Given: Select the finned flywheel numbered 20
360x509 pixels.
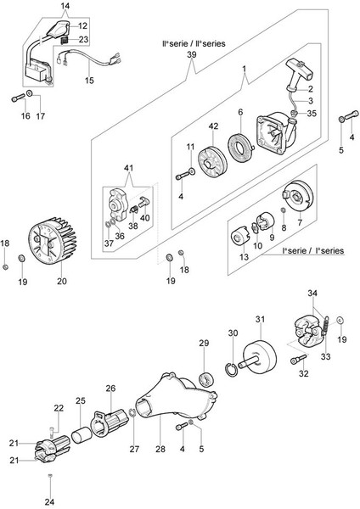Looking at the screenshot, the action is tap(52, 241).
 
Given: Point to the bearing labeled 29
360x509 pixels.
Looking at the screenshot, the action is tap(206, 379).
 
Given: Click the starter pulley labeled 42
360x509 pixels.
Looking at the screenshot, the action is tap(213, 161).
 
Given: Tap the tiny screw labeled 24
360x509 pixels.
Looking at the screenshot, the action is tap(50, 476).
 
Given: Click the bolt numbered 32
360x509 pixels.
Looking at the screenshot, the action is tap(298, 359).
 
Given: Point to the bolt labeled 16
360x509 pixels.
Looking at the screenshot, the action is tap(18, 98).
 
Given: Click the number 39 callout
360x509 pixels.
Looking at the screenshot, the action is tap(192, 54).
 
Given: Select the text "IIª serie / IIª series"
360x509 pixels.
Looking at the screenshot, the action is tap(194, 43).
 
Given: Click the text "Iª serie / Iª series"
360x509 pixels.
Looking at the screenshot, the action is tap(313, 250).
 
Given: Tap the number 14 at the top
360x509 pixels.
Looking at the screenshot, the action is tap(65, 6).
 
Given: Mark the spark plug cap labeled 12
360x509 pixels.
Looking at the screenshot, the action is tap(59, 29).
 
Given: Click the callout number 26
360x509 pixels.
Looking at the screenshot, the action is tap(110, 388).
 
